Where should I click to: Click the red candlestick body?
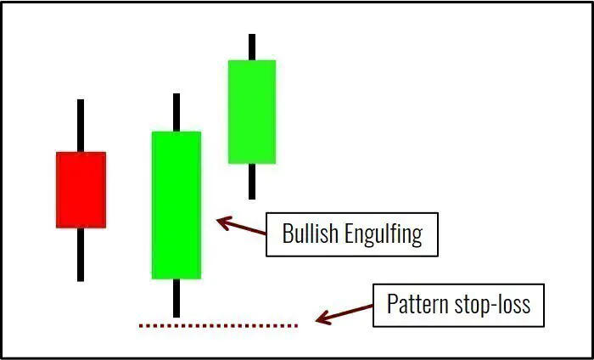click(81, 189)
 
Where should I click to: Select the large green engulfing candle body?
click(176, 205)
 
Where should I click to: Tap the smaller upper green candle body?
click(251, 111)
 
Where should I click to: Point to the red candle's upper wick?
click(81, 126)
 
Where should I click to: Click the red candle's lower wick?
click(81, 254)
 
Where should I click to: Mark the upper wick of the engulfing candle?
click(176, 112)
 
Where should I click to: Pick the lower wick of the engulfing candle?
click(176, 297)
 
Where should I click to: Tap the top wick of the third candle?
click(251, 47)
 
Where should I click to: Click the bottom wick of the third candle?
click(251, 181)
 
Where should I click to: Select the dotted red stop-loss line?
click(218, 325)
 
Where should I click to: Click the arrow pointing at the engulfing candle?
click(242, 227)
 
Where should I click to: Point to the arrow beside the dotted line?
click(344, 315)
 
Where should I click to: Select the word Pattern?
click(416, 304)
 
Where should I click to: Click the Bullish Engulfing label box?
click(351, 234)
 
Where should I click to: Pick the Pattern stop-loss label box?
click(457, 304)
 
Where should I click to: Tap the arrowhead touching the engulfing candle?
click(223, 222)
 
